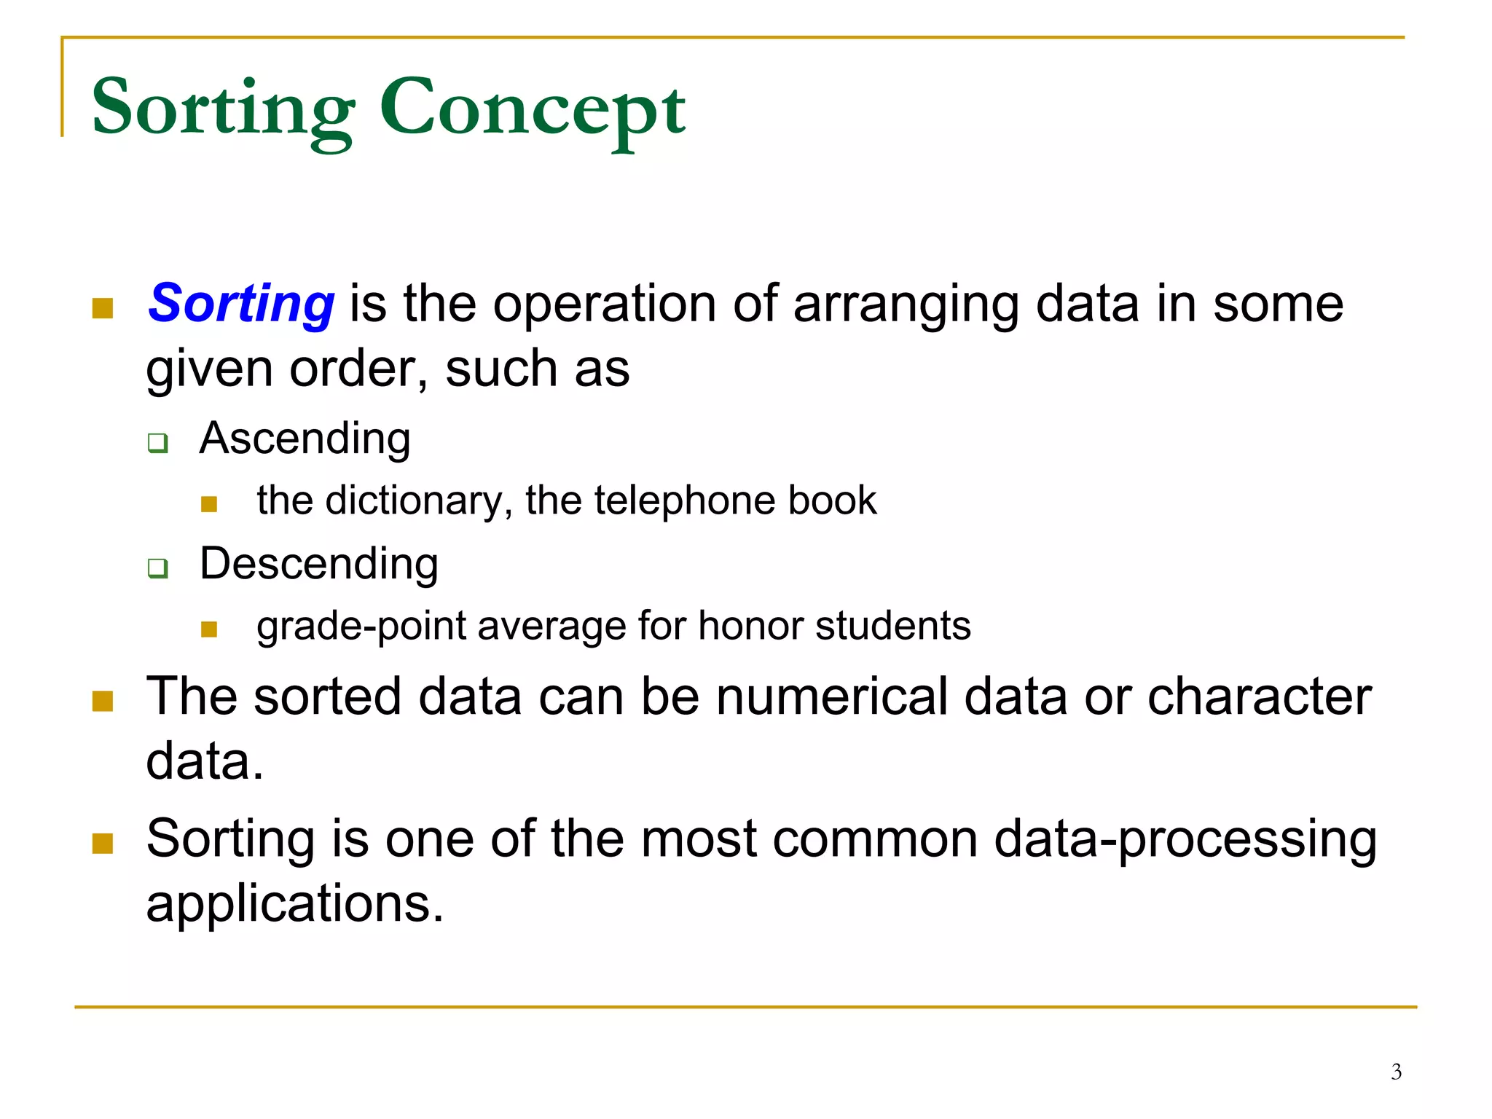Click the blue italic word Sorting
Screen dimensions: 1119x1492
click(x=241, y=303)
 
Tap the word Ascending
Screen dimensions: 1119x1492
click(x=305, y=439)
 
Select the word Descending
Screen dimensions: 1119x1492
click(x=318, y=564)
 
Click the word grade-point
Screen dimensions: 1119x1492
click(x=361, y=627)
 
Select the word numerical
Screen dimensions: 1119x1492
click(x=832, y=696)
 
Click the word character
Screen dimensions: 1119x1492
click(x=1260, y=696)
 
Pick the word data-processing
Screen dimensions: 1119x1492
click(x=1185, y=839)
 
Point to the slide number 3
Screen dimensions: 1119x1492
click(x=1396, y=1072)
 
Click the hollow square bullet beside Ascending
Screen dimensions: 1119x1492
click(x=157, y=442)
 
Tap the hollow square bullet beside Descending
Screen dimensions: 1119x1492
click(x=157, y=568)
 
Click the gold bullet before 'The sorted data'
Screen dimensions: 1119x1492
click(x=103, y=701)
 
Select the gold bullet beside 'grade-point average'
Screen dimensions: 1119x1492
click(x=209, y=629)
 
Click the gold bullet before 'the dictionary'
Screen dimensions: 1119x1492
click(x=209, y=504)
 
